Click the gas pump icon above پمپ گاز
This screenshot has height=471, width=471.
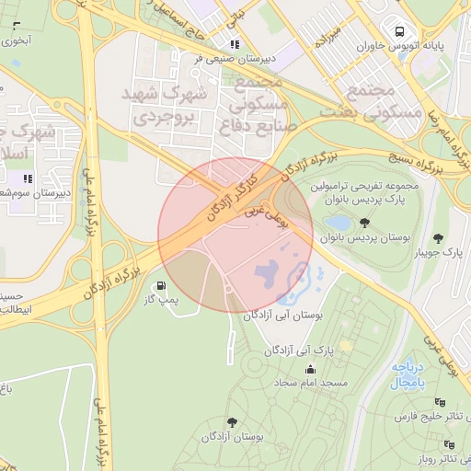163,286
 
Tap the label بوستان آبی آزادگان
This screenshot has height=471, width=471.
285,315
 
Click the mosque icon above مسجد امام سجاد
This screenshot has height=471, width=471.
308,367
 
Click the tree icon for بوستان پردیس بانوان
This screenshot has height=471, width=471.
365,223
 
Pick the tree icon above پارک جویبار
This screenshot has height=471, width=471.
439,236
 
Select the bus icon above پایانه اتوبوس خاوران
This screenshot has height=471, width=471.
398,27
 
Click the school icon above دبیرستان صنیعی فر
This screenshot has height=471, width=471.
235,42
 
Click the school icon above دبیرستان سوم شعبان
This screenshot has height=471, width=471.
28,178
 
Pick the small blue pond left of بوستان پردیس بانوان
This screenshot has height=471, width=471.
337,223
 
